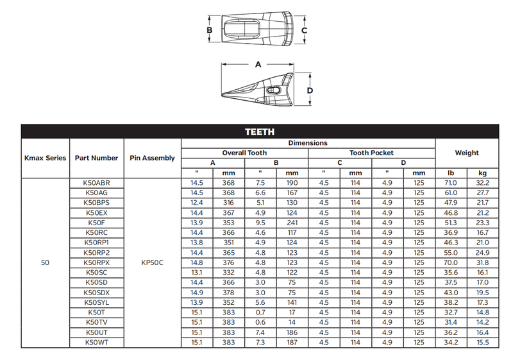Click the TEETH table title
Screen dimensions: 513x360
click(260, 132)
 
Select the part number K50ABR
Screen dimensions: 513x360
click(97, 183)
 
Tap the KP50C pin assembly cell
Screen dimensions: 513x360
click(152, 263)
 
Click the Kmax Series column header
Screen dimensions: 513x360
click(45, 158)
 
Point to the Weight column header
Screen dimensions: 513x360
click(467, 153)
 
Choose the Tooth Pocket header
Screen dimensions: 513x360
click(371, 153)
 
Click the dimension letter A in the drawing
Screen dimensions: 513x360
click(258, 64)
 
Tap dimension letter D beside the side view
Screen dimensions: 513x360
click(310, 90)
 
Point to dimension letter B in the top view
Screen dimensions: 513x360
click(210, 30)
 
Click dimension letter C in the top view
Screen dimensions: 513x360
click(304, 30)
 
